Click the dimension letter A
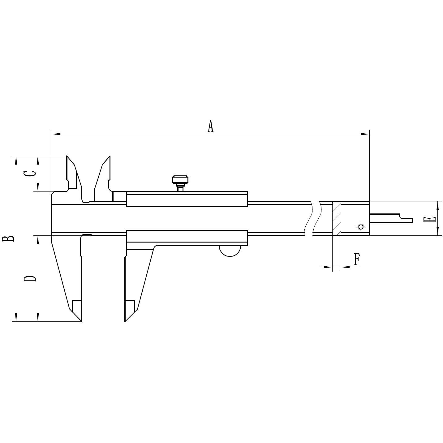[210, 126]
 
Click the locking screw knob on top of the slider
[180, 183]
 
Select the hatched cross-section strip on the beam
[337, 218]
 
